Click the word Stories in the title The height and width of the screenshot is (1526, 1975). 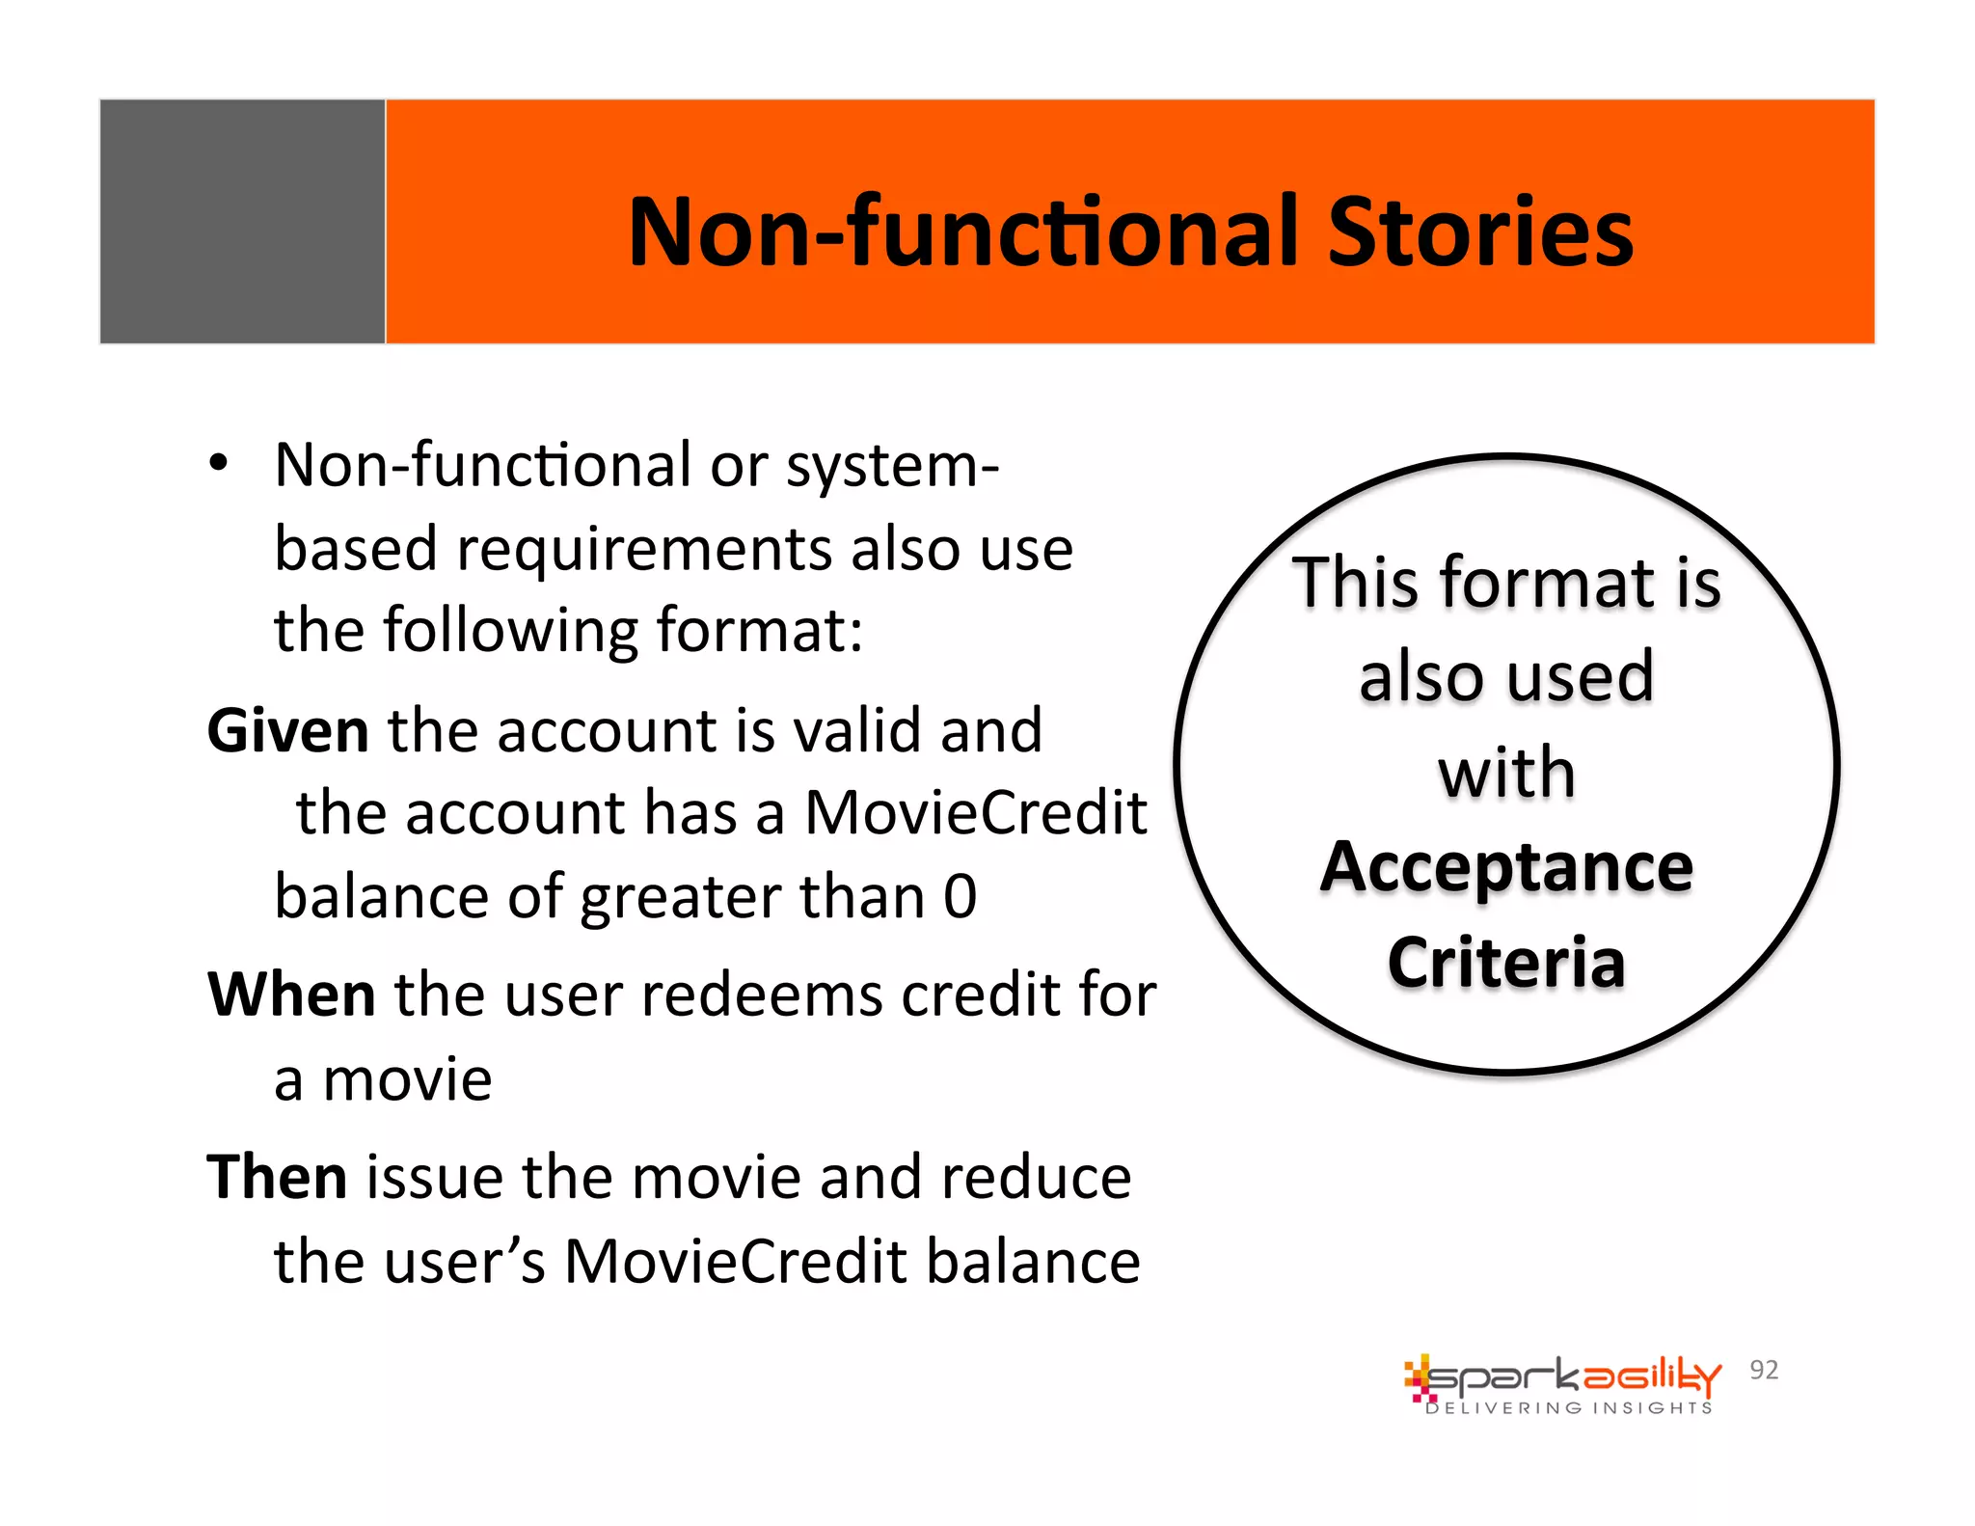click(1479, 232)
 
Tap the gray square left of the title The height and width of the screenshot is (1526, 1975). click(242, 221)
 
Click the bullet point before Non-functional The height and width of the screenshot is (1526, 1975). click(220, 464)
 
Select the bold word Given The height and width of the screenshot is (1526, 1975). click(287, 730)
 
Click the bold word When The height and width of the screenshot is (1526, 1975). click(291, 995)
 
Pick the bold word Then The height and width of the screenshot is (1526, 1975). click(278, 1178)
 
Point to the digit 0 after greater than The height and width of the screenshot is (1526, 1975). click(960, 896)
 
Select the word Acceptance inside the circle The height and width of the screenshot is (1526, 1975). click(1506, 868)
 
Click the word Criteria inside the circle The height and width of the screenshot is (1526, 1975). click(1506, 962)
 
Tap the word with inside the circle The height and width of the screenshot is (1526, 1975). click(1506, 773)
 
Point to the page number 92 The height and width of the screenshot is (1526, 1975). click(1764, 1370)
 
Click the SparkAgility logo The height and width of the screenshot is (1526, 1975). click(1562, 1376)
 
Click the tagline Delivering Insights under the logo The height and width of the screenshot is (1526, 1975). click(1569, 1408)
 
